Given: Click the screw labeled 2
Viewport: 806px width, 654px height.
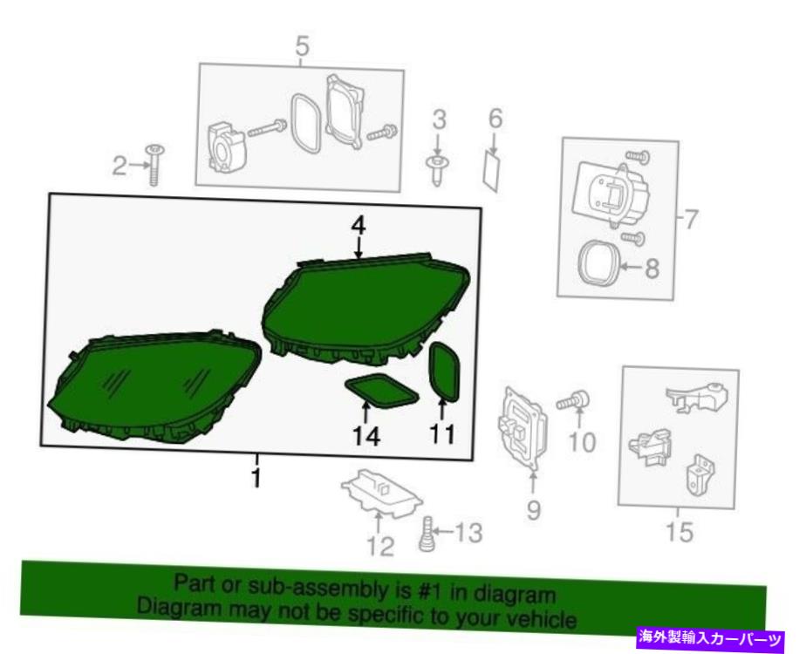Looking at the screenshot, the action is point(154,165).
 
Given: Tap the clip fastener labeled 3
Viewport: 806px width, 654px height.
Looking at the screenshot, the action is point(438,169).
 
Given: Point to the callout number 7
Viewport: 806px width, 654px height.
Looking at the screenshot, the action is point(690,220).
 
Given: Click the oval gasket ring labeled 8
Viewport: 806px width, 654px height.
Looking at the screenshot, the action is point(598,262).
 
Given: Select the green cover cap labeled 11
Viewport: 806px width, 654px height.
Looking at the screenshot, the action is point(445,371).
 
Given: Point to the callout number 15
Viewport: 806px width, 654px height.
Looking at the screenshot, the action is point(679,531).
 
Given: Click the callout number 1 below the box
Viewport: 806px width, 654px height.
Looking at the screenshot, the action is point(256,477).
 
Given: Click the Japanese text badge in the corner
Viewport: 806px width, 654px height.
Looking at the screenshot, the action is point(711,638).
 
